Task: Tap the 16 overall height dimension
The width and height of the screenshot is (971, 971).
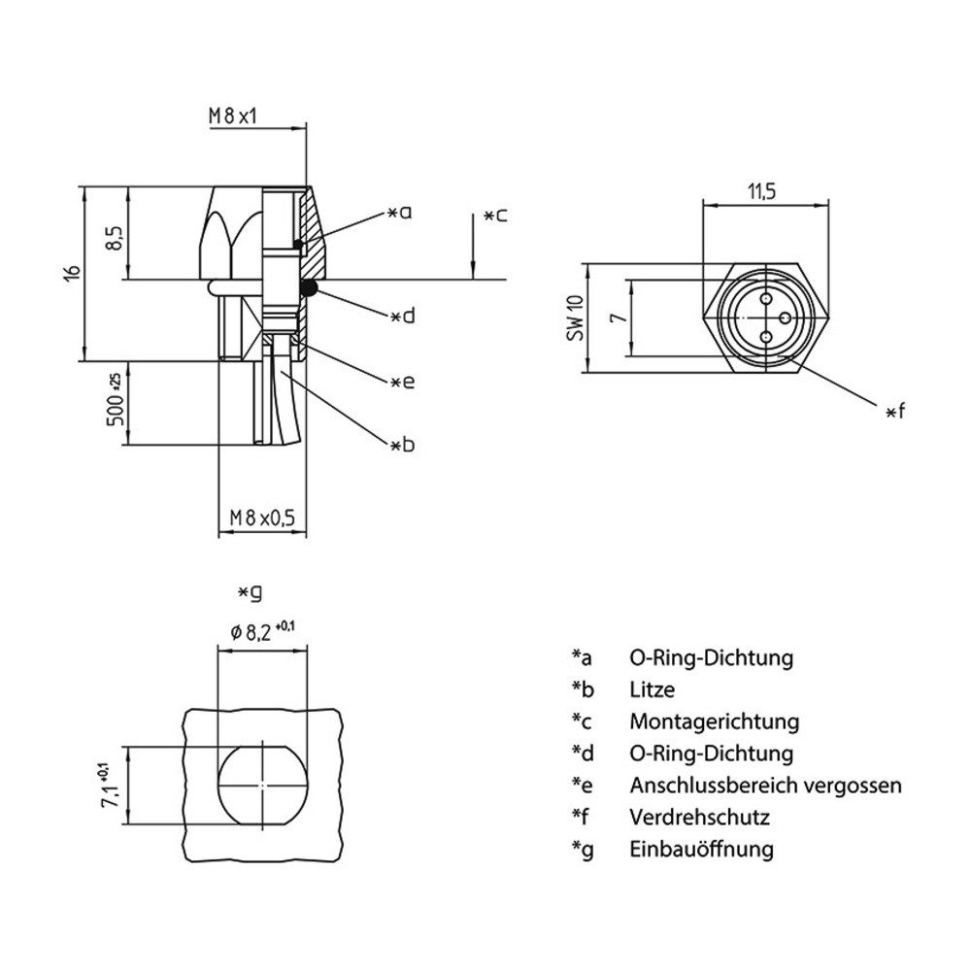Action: click(x=71, y=274)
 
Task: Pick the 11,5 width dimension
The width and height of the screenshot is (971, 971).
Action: click(x=761, y=191)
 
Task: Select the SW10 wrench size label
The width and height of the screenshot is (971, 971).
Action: click(x=575, y=318)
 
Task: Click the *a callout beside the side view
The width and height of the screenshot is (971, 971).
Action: click(x=400, y=211)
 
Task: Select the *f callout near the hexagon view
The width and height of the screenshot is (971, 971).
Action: click(x=894, y=412)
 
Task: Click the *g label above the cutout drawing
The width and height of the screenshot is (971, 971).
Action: click(x=250, y=590)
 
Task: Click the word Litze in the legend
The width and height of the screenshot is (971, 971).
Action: click(x=652, y=690)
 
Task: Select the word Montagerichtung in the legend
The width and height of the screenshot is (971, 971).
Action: click(x=714, y=722)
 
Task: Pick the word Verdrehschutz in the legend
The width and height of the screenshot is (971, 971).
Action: click(x=699, y=817)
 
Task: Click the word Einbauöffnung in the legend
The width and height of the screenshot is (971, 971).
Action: click(x=701, y=849)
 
